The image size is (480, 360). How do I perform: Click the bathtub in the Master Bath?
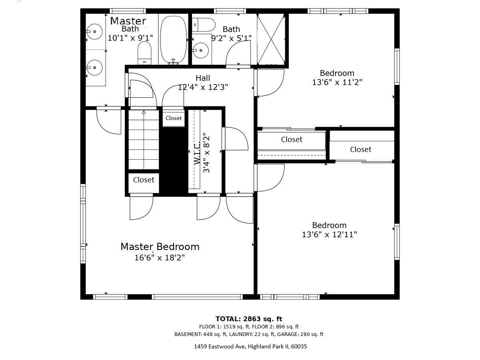coord(173,39)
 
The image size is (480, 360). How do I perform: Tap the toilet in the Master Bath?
coord(144,53)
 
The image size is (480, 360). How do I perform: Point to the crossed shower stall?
coord(271,39)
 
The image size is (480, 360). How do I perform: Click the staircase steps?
coord(144,140)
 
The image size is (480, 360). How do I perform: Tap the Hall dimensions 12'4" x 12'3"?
coord(203,87)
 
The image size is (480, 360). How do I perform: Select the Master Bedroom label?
coord(160,246)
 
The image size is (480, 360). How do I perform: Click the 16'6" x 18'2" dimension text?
coord(160,258)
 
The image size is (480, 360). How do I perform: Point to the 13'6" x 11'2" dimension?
coord(337,82)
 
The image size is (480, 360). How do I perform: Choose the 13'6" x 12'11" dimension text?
coord(329,234)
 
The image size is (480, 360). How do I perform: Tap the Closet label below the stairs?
coord(144,180)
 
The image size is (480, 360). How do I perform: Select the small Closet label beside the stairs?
coord(174,118)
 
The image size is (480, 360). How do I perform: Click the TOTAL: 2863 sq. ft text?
coord(249,319)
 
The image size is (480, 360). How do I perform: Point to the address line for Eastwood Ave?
coord(251,346)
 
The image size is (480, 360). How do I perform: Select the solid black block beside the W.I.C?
coord(174,162)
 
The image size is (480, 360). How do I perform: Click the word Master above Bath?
coord(128,21)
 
